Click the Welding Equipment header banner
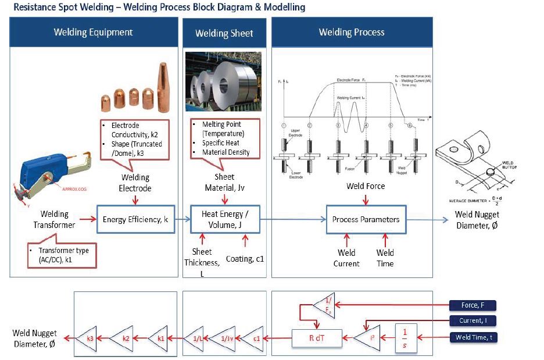(93, 32)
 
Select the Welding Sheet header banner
(224, 33)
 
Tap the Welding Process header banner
(352, 32)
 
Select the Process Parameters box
(366, 219)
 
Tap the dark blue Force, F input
(473, 305)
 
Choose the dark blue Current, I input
(473, 320)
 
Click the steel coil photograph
(224, 83)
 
